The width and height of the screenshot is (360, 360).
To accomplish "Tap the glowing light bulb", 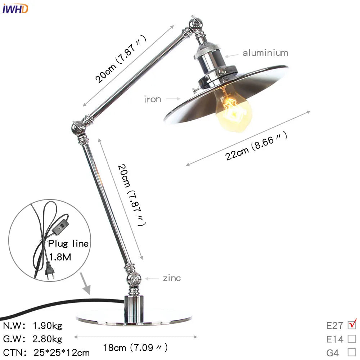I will point(233,108).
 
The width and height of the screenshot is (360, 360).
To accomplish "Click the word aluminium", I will point(265,53).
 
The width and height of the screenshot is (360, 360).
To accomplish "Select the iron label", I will point(153,99).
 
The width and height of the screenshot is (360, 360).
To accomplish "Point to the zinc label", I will point(172,278).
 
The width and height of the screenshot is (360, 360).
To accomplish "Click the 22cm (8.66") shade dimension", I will point(257,146).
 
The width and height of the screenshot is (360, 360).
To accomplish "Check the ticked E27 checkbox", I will point(352,325).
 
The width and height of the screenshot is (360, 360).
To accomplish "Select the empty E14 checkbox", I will point(352,339).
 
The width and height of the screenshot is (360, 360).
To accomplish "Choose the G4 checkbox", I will point(352,352).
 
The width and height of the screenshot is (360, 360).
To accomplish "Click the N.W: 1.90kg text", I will point(33,326).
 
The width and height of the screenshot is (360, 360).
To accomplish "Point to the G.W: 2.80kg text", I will point(33,339).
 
